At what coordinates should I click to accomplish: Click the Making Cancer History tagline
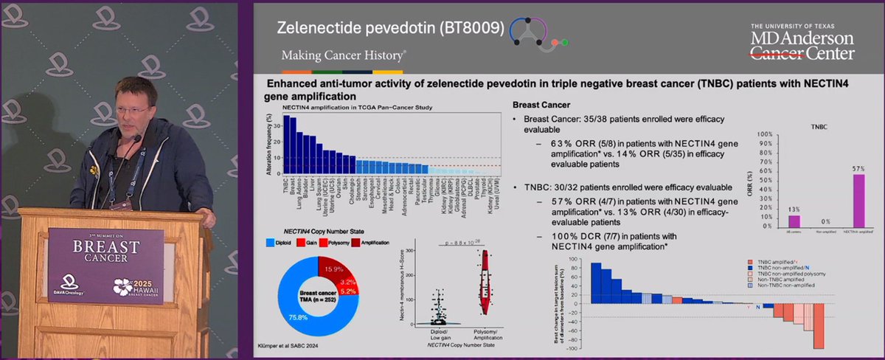pyautogui.click(x=343, y=56)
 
